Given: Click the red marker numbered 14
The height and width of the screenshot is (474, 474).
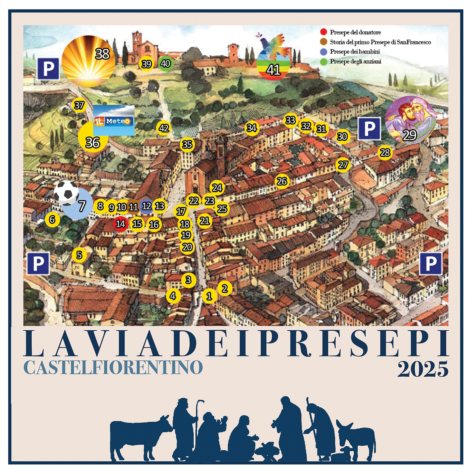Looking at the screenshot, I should (x=120, y=224).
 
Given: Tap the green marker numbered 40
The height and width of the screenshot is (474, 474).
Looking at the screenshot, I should (x=165, y=64).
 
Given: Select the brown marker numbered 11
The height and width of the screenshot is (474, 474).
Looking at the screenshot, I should (x=133, y=207).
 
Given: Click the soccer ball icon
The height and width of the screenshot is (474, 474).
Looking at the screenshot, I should (x=66, y=192).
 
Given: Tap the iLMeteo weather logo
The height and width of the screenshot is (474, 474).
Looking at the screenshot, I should (x=114, y=121).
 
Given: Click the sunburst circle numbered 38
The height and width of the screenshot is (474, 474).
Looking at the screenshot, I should (x=88, y=61).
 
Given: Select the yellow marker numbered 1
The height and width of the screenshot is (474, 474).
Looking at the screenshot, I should (x=209, y=296).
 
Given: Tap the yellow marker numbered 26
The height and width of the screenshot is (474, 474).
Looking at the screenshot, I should (x=282, y=181).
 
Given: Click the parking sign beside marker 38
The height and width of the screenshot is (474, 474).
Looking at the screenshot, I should (x=48, y=69).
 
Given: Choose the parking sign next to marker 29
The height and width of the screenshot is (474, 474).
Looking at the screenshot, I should (x=369, y=129).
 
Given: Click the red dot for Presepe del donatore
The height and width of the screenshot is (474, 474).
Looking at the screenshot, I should (x=323, y=32).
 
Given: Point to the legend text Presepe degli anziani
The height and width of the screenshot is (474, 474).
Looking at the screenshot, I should (x=355, y=61).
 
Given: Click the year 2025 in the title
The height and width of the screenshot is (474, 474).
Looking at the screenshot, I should (x=423, y=369).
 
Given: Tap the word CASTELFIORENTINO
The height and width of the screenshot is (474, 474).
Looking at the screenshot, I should (x=113, y=367).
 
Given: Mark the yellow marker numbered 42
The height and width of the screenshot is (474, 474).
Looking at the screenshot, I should (x=164, y=128).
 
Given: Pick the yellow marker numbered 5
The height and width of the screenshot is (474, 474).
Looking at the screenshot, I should (x=79, y=255).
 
